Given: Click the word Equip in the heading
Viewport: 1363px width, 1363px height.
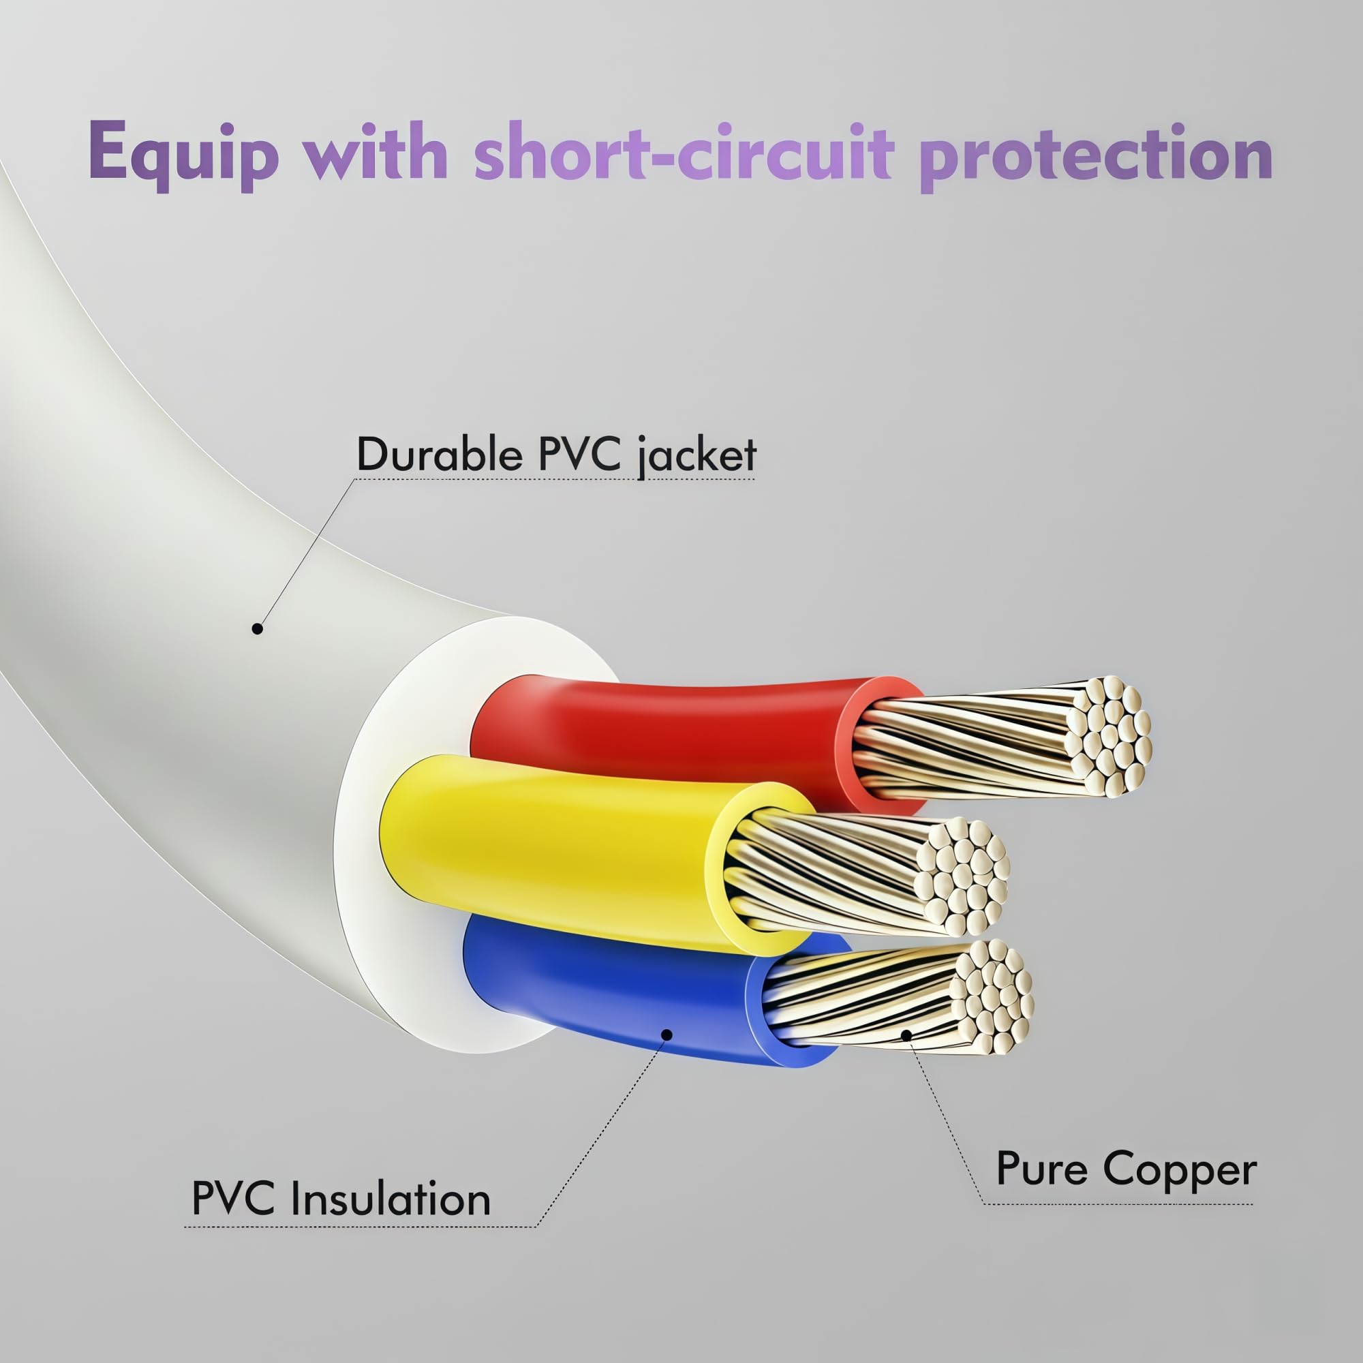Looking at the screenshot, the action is coord(183,155).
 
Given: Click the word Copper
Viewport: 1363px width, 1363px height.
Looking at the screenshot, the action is coord(1180,1170).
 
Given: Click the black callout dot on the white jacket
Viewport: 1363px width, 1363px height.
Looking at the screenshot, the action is coord(258,628).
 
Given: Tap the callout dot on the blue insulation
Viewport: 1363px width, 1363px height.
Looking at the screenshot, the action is coord(667,1035).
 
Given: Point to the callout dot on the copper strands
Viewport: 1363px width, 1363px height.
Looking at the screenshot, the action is coord(906,1035).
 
